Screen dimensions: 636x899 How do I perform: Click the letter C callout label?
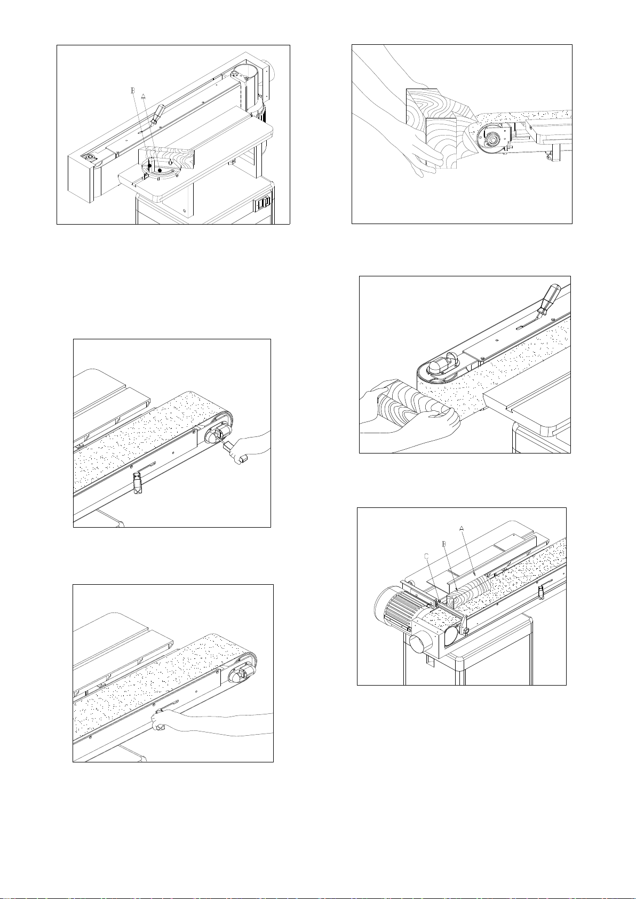(426, 556)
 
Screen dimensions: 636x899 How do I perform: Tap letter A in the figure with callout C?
(462, 529)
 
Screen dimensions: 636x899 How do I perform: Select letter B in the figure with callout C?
(444, 544)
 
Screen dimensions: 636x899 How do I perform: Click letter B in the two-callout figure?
(133, 91)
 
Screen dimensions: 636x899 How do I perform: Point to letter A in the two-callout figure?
(143, 97)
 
